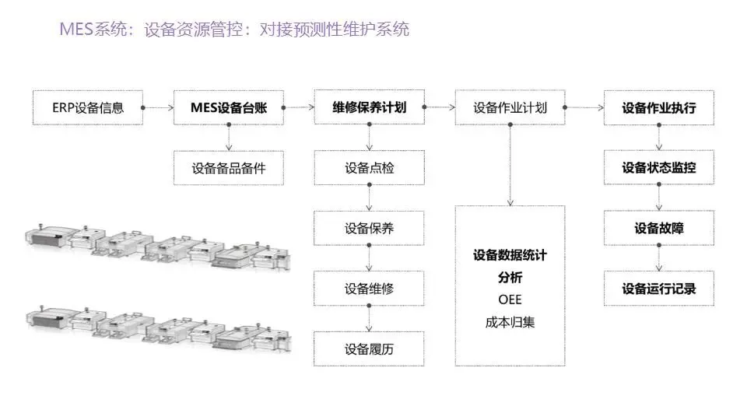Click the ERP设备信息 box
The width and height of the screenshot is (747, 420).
[x=88, y=108]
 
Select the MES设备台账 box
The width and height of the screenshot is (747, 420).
[x=228, y=108]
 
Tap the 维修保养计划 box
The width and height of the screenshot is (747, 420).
[x=369, y=108]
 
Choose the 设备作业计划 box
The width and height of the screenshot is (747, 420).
[x=510, y=108]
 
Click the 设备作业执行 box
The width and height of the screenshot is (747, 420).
[x=658, y=108]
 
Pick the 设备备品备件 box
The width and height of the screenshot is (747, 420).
[x=228, y=168]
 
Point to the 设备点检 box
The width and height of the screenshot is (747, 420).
[x=369, y=168]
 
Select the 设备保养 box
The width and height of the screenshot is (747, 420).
[x=369, y=229]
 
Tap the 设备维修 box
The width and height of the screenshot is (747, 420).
[x=369, y=289]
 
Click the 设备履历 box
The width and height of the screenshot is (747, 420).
[x=369, y=348]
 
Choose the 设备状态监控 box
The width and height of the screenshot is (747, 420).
[x=658, y=168]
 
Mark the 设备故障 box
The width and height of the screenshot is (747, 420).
[x=658, y=229]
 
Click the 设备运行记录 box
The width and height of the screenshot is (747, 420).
[x=658, y=289]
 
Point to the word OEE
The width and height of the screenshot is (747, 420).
[x=510, y=299]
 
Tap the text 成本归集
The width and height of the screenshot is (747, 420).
[x=510, y=322]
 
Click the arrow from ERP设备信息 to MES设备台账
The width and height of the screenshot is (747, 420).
[x=159, y=108]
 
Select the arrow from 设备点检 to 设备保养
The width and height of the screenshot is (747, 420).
[x=369, y=198]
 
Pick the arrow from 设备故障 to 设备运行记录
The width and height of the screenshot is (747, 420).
[x=658, y=257]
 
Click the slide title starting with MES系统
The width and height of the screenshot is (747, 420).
[x=234, y=30]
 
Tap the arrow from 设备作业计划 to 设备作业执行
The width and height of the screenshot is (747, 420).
[x=584, y=108]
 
